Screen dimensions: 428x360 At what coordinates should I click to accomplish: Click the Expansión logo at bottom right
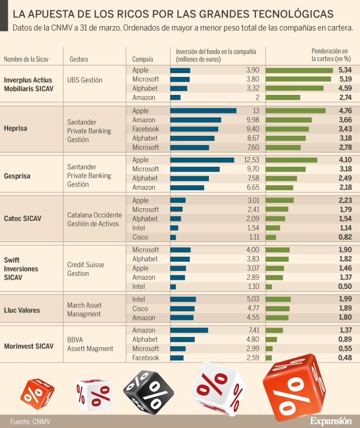[331, 421]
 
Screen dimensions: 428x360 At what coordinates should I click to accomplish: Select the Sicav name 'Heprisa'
[15, 129]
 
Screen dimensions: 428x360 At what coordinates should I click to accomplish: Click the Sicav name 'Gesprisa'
[17, 176]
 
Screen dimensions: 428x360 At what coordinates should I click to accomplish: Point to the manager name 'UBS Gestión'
[85, 80]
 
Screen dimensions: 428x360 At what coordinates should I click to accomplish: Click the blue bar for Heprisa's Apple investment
[203, 111]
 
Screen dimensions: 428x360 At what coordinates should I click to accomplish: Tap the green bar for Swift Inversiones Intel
[268, 287]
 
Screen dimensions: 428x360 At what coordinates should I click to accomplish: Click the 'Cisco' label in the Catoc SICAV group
[140, 237]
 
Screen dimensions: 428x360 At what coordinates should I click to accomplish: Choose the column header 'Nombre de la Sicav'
[27, 59]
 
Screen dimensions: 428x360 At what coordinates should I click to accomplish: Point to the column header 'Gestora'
[79, 59]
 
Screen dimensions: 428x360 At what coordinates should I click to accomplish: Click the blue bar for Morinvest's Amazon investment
[189, 330]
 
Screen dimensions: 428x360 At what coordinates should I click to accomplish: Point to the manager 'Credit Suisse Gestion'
[86, 269]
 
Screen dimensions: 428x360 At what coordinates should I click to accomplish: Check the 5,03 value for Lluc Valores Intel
[250, 299]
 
